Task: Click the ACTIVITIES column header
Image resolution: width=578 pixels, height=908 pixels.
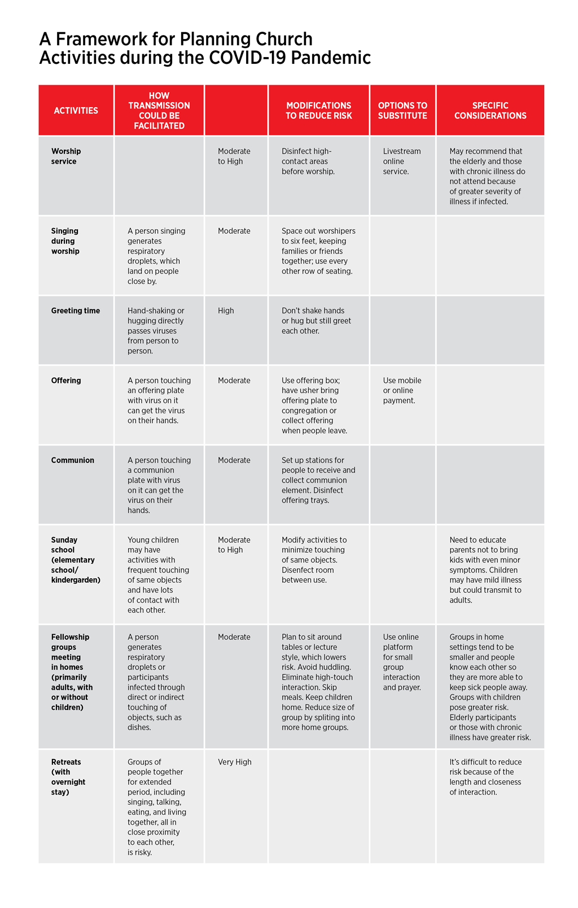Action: [x=76, y=111]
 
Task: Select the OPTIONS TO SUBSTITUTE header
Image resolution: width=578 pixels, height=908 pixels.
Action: [x=402, y=111]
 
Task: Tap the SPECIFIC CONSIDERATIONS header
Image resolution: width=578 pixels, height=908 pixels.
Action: [x=490, y=111]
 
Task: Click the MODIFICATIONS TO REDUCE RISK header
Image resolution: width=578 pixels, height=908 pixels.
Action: [x=318, y=111]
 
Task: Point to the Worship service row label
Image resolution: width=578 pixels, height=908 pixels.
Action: [x=66, y=156]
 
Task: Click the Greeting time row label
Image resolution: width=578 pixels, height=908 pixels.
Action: [x=75, y=311]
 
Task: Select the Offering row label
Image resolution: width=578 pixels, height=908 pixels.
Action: [x=66, y=381]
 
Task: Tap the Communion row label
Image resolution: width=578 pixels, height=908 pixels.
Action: [x=73, y=460]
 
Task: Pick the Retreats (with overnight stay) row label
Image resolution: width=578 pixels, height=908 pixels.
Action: [x=68, y=777]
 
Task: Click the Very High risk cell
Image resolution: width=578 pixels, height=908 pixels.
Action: [x=235, y=762]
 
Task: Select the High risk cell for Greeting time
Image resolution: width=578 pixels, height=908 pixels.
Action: [x=226, y=311]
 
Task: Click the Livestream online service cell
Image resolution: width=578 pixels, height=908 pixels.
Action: [x=401, y=161]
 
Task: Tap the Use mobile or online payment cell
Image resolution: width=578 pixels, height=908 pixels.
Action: [x=402, y=391]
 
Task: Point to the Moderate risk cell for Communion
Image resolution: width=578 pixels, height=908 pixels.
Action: [x=234, y=460]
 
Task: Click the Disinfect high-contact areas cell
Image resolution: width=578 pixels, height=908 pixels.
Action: [x=308, y=161]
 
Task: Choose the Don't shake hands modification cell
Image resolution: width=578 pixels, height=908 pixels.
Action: [x=316, y=321]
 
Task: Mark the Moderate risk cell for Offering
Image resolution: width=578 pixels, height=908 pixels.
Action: [x=234, y=381]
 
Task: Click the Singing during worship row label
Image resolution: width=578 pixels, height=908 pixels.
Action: [x=65, y=241]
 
